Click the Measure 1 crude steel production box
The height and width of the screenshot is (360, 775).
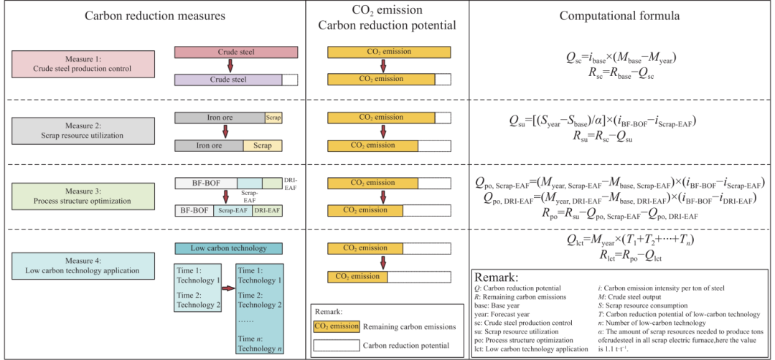tap(83, 64)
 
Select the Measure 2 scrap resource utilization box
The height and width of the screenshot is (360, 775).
tap(83, 131)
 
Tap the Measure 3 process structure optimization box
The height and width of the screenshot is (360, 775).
tap(83, 196)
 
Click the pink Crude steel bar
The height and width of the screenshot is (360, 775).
tap(236, 52)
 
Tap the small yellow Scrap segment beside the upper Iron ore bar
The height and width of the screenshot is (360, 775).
tap(273, 118)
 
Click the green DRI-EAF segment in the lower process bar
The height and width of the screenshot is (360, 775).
tap(267, 210)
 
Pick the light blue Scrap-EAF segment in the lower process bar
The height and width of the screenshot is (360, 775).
tap(232, 210)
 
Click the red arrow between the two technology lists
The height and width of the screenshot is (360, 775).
tap(227, 289)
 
